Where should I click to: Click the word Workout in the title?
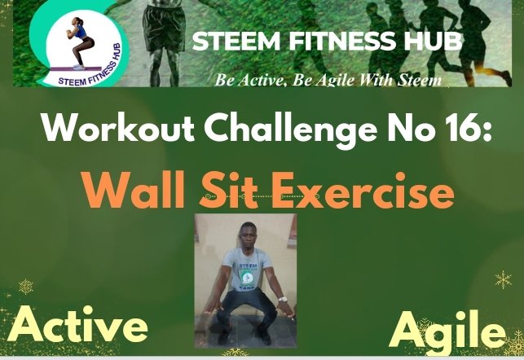tap(119, 130)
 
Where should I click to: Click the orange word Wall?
tap(134, 191)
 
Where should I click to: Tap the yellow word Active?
tap(77, 325)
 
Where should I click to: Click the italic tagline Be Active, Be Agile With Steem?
tap(328, 80)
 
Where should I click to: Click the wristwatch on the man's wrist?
tap(283, 299)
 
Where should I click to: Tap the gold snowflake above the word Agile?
tap(504, 279)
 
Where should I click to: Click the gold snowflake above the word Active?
tap(26, 287)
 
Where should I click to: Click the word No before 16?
tap(404, 130)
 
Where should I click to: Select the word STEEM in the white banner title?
tap(236, 42)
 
